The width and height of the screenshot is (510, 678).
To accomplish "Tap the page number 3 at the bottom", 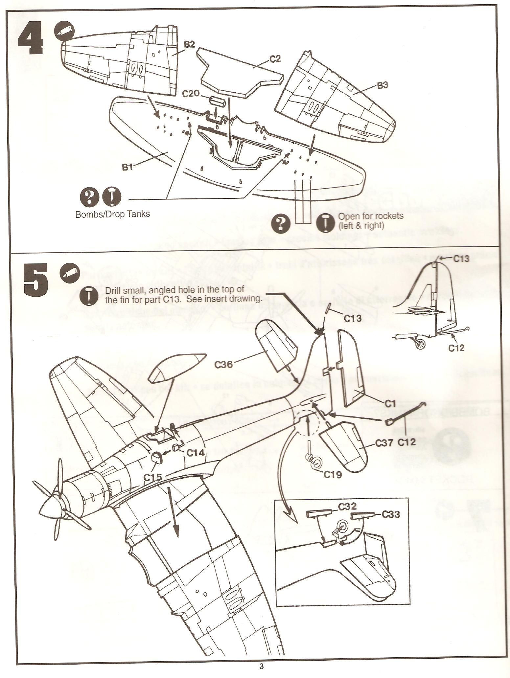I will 261,667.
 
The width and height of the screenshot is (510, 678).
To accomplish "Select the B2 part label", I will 190,45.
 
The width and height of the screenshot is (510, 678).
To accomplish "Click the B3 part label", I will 382,85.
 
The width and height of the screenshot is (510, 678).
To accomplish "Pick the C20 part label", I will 191,94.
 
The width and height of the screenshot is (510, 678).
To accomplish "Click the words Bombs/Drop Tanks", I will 113,214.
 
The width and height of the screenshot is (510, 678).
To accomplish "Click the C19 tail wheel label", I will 333,474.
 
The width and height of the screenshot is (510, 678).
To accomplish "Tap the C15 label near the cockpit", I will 152,476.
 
